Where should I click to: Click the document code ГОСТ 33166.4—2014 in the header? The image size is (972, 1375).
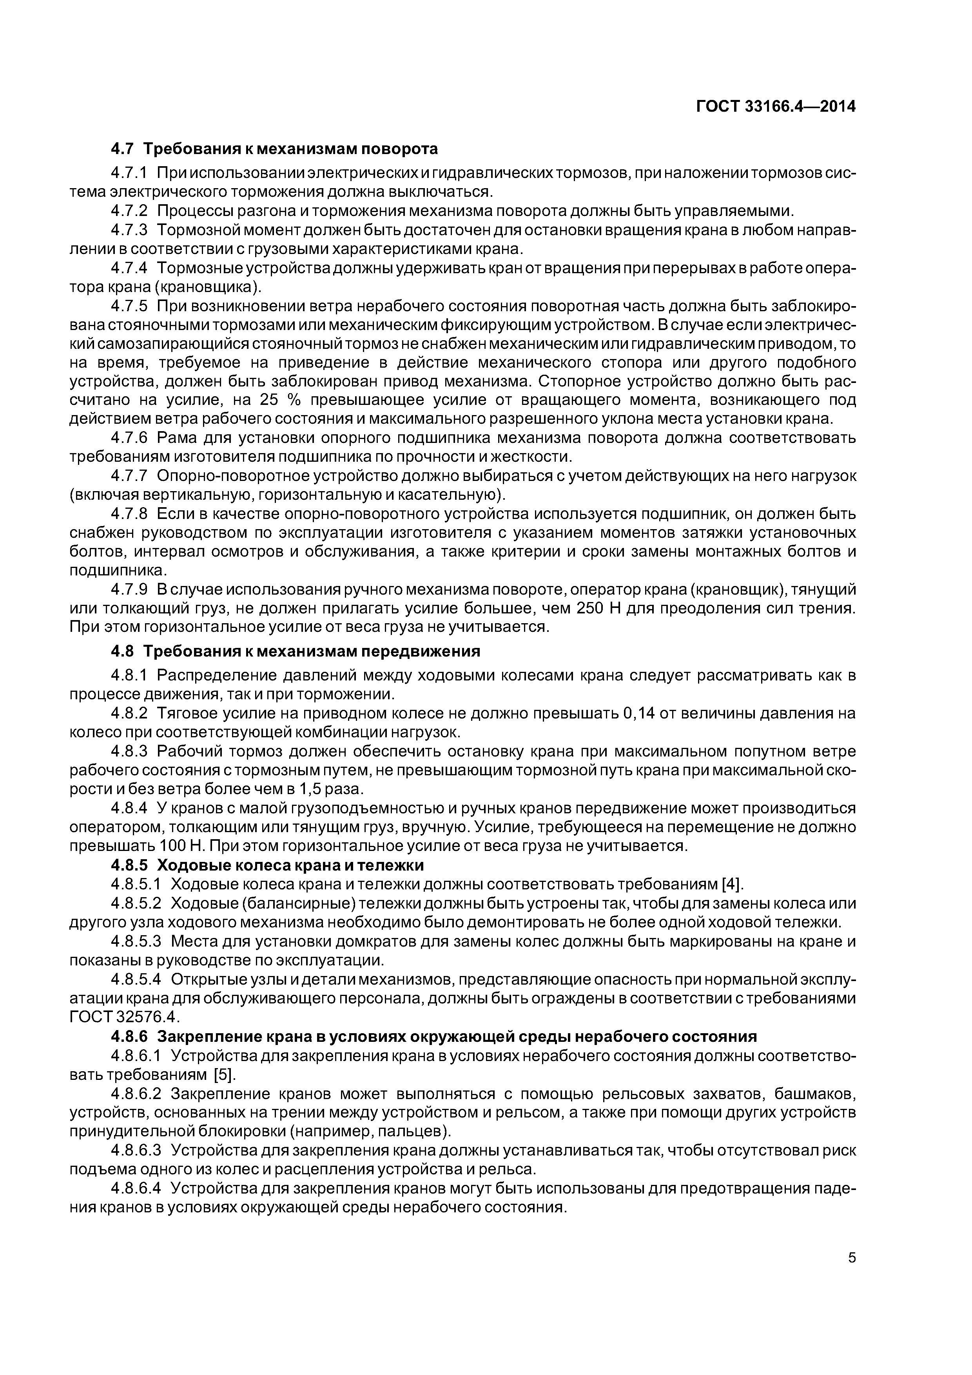pyautogui.click(x=776, y=107)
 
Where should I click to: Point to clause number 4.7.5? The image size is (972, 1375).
pyautogui.click(x=129, y=306)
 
